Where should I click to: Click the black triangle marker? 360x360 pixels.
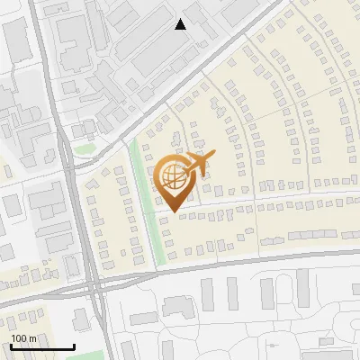pos(181,24)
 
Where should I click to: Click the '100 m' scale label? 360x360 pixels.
pos(23,338)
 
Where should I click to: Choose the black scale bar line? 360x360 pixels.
pos(42,346)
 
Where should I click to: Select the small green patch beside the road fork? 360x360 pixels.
pos(85,148)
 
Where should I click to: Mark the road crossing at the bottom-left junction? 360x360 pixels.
pos(94,286)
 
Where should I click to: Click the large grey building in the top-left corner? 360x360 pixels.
pos(15,40)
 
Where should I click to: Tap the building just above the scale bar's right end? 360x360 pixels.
pos(80,319)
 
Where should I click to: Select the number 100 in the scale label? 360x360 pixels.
pos(19,338)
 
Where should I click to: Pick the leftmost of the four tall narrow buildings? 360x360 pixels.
pos(207,293)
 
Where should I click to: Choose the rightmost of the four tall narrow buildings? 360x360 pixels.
pos(303,288)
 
